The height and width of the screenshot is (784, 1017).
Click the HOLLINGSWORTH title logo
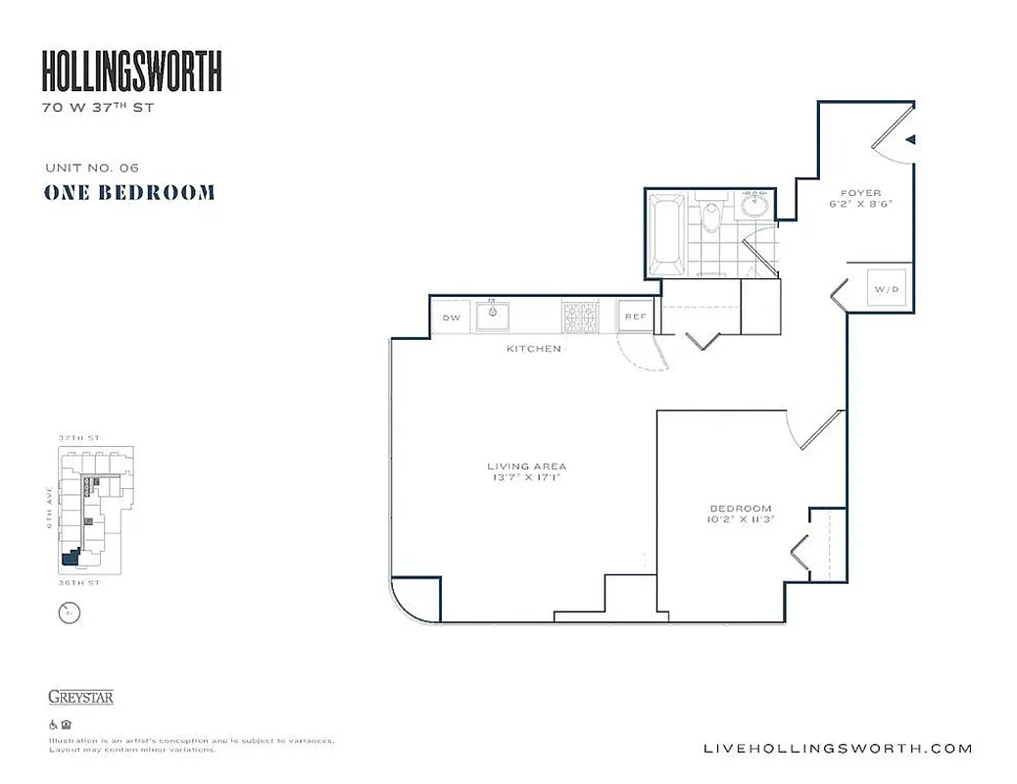tap(131, 72)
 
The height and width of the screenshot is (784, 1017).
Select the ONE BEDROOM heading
tap(128, 193)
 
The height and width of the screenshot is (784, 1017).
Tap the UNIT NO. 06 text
tap(91, 168)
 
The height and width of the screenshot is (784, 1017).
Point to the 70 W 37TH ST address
tap(97, 108)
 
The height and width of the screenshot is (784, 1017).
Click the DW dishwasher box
tap(452, 318)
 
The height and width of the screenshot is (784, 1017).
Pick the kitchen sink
tap(493, 316)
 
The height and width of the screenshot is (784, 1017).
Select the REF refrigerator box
tap(634, 317)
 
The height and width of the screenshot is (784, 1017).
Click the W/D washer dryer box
tap(886, 289)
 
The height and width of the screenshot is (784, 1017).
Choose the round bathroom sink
tap(755, 206)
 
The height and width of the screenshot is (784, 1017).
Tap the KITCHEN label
tap(533, 349)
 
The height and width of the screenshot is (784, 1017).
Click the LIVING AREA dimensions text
tap(527, 479)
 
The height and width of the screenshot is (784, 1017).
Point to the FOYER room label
tap(861, 193)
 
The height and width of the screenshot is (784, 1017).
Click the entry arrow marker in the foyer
tap(910, 140)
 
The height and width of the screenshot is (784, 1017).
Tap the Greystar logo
tap(80, 698)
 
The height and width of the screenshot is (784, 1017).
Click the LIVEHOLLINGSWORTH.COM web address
tap(839, 749)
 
